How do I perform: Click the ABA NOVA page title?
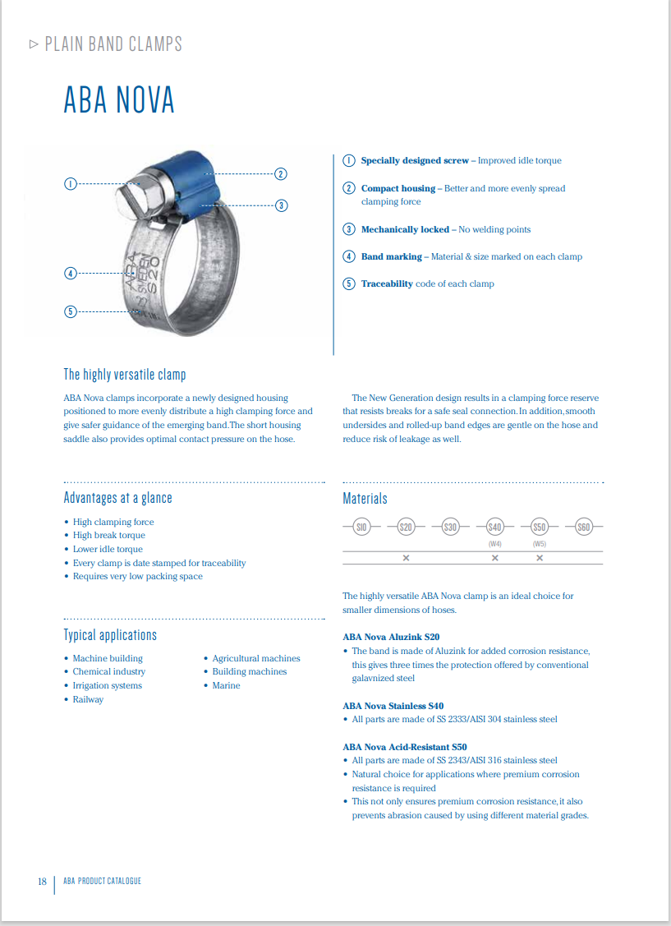click(119, 100)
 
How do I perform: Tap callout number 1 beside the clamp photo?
click(71, 183)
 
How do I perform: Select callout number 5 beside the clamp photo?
click(71, 311)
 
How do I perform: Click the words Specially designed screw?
click(415, 161)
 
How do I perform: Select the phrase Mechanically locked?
click(405, 230)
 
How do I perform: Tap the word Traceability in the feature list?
click(387, 284)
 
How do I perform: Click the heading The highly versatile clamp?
click(125, 375)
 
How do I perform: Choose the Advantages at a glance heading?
click(118, 498)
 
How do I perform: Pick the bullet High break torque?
click(108, 536)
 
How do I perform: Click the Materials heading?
click(365, 499)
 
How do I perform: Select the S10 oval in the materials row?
click(361, 527)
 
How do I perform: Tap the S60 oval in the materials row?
click(584, 527)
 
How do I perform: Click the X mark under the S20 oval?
click(406, 558)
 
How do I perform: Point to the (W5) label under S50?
click(540, 544)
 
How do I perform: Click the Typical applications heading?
click(110, 635)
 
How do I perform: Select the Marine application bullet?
click(226, 686)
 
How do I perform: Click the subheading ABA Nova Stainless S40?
click(393, 706)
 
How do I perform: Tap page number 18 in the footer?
click(42, 882)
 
